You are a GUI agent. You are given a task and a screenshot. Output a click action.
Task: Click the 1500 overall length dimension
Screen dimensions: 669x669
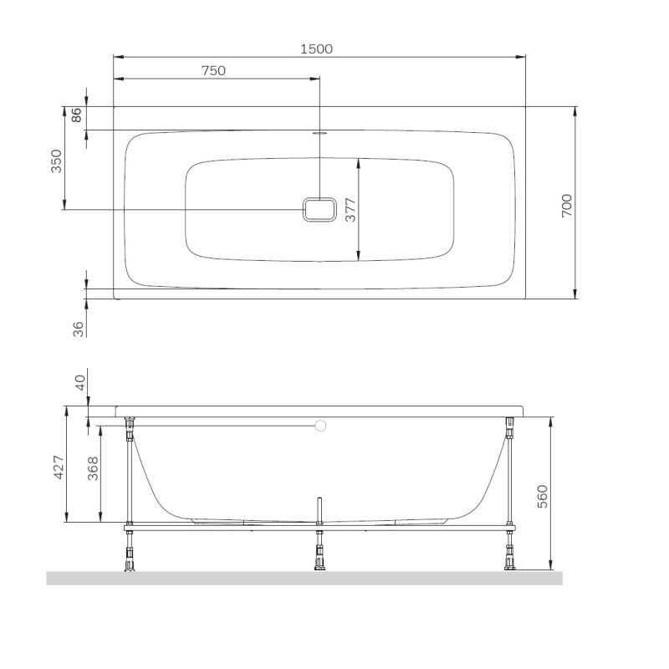pos(316,49)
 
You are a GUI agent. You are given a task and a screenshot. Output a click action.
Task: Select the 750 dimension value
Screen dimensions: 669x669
pos(213,70)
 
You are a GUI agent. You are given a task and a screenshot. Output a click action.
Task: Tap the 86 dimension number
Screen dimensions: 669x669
pos(76,115)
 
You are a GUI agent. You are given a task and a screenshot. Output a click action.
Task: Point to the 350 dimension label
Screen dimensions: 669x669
pos(56,161)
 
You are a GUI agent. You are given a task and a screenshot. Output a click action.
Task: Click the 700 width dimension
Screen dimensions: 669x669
pos(566,205)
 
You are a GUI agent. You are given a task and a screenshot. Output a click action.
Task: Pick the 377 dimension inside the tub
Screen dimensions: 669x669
pos(350,210)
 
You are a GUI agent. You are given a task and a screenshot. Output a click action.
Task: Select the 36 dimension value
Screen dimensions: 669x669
pos(79,329)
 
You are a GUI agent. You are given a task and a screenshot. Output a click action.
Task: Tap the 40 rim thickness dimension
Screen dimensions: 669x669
pos(80,383)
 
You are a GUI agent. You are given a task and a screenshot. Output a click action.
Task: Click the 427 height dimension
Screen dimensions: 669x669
pos(59,467)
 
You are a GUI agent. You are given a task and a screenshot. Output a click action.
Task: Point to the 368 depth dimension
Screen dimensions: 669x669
pos(93,468)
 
